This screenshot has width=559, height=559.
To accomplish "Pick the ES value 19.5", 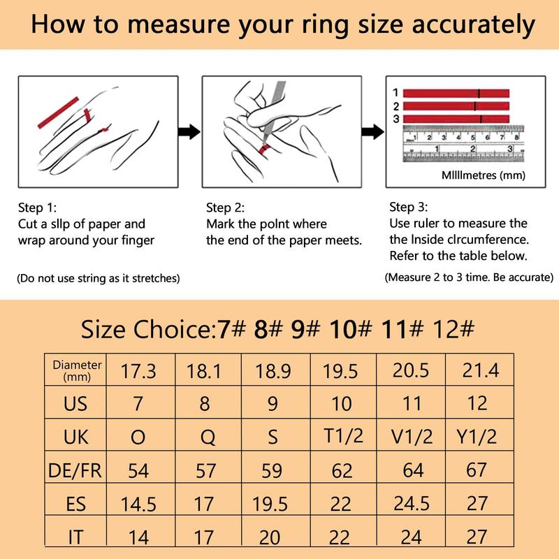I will (x=273, y=503).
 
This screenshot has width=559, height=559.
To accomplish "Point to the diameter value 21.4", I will (x=481, y=370).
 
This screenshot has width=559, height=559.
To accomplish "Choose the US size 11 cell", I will (x=413, y=403).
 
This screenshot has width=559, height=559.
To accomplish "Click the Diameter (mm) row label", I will (x=78, y=370).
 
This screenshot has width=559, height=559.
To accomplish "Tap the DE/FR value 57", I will (x=207, y=470).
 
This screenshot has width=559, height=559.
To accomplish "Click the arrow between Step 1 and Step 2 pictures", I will (x=185, y=131).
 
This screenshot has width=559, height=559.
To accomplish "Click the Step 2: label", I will (x=226, y=208).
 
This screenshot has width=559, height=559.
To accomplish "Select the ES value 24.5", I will (x=413, y=503).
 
